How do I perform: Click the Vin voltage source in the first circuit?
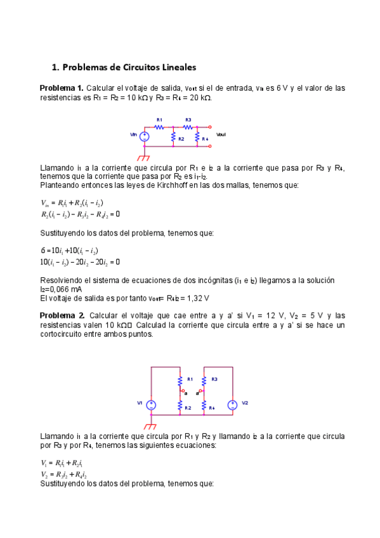[145, 135]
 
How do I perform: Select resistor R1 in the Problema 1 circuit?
[160, 126]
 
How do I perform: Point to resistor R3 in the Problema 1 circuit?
[188, 126]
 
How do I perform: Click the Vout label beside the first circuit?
[221, 135]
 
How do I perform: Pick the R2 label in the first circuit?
[181, 138]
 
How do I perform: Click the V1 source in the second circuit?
[151, 403]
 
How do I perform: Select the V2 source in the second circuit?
[233, 403]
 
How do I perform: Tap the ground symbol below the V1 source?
[151, 424]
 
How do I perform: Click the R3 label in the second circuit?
[214, 379]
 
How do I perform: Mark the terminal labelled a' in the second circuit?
[199, 393]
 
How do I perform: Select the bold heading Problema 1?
[62, 88]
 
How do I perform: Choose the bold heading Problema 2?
[62, 315]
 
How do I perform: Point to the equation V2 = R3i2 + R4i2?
[63, 474]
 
